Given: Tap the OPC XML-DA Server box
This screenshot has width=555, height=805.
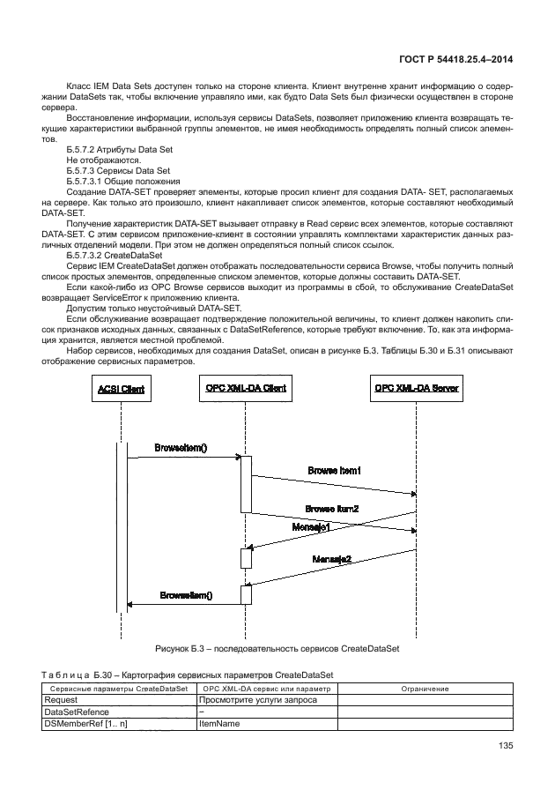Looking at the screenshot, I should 416,389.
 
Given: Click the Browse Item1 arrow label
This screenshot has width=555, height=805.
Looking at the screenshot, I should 335,471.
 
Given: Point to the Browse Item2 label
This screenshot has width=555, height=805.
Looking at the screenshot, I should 332,509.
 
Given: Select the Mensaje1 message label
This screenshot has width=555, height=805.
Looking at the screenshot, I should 311,526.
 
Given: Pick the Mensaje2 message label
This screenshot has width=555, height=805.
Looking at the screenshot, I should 331,559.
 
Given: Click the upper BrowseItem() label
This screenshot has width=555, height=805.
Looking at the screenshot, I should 181,448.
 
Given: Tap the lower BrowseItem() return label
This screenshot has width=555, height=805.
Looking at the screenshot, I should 186,595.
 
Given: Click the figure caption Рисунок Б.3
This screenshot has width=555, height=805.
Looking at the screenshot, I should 277,647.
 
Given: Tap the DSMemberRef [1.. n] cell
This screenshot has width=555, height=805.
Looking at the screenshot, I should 85,724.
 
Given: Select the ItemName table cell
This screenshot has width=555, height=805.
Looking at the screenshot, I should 221,724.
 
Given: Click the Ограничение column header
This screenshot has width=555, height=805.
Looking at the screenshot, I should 425,688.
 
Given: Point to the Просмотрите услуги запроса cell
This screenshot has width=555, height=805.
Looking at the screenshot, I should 253,699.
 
